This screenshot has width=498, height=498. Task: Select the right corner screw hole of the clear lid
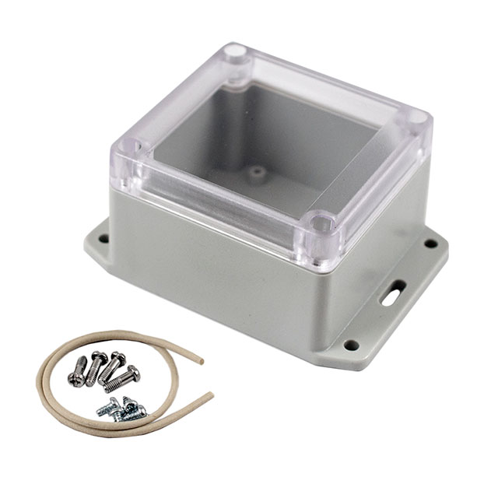(417, 118)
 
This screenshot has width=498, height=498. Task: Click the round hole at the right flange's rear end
(430, 244)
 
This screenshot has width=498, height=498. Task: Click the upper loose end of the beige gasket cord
(201, 360)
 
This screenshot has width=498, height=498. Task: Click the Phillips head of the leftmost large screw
(76, 379)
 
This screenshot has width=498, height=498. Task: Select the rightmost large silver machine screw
(124, 379)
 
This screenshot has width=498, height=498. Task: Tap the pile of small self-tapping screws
(123, 408)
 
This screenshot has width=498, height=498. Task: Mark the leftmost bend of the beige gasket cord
(40, 381)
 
